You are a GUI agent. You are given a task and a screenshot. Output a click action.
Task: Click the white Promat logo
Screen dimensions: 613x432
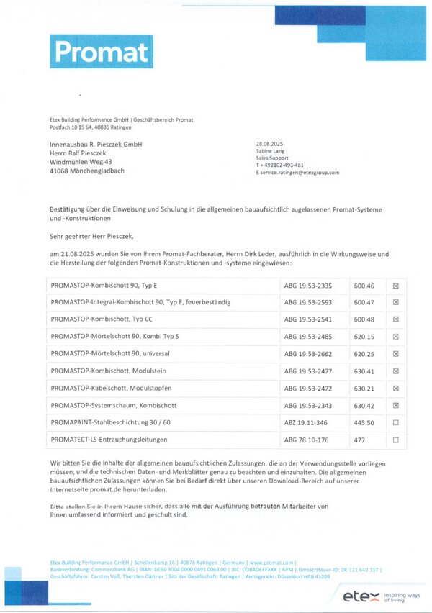pos(101,51)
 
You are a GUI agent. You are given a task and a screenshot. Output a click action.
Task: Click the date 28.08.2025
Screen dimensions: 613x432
pos(270,145)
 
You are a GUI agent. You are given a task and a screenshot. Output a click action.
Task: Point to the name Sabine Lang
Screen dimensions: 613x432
pos(271,152)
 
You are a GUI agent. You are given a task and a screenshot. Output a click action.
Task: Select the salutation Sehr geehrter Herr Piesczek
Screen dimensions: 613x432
pos(91,235)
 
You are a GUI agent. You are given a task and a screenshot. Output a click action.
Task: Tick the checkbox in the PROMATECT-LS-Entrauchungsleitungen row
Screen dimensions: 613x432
pos(395,440)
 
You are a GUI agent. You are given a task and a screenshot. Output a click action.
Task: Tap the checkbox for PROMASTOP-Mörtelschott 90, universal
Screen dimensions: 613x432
pos(395,354)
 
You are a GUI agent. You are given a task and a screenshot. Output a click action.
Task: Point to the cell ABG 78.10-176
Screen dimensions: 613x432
pos(307,440)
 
